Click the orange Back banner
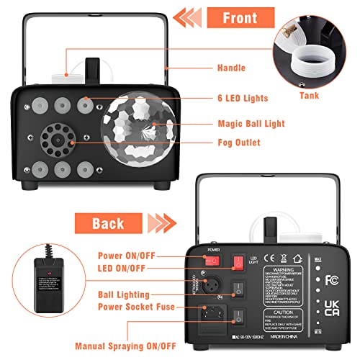107,222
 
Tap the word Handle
231,68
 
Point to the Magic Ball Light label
250,123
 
